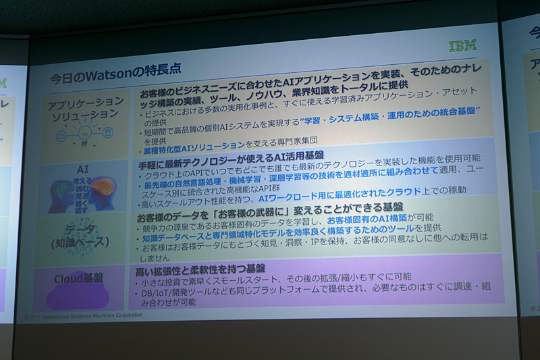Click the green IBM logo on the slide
point(462,46)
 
